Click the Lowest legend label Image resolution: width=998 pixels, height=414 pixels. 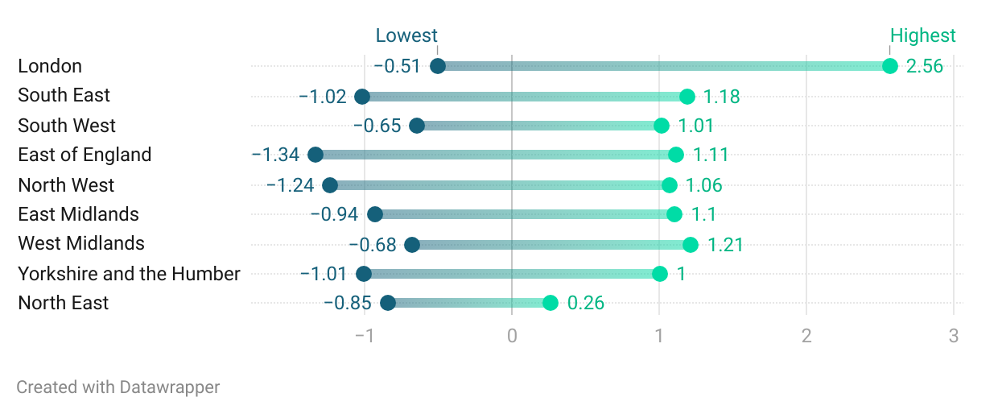click(406, 35)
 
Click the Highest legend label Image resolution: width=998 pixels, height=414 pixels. click(922, 35)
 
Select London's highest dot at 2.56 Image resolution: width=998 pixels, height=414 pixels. click(889, 66)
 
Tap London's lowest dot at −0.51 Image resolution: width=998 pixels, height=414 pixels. click(437, 66)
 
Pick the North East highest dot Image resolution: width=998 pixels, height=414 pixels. click(551, 303)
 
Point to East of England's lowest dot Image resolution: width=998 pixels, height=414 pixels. click(315, 155)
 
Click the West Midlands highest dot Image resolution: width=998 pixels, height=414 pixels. click(691, 244)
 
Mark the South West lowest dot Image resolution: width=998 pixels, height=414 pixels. click(416, 126)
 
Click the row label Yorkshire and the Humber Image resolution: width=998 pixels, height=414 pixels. click(129, 274)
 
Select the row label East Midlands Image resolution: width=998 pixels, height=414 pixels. click(78, 214)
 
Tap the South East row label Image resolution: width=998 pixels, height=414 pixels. click(64, 95)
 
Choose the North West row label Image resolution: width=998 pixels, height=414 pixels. click(66, 185)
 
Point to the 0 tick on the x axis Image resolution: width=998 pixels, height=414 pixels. click(512, 336)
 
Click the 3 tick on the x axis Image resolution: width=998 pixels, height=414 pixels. click(953, 336)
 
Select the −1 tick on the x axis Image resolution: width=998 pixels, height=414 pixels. click(365, 336)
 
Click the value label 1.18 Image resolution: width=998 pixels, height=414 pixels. click(721, 97)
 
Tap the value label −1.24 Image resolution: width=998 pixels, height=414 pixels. click(290, 185)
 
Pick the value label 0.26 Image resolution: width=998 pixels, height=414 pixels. click(585, 304)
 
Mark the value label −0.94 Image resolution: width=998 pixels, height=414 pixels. click(334, 214)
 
